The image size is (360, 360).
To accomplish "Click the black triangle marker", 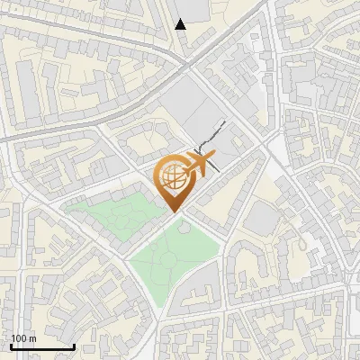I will (181, 24).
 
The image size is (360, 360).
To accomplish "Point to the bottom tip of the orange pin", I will (174, 212).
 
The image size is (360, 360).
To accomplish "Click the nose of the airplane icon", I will (214, 155).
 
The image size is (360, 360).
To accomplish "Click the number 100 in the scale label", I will (19, 338).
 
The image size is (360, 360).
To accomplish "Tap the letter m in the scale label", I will (32, 338).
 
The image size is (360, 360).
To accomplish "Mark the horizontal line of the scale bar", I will (41, 346).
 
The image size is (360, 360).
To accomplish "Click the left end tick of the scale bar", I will (10, 345).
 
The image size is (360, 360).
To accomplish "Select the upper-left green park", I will (108, 216).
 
